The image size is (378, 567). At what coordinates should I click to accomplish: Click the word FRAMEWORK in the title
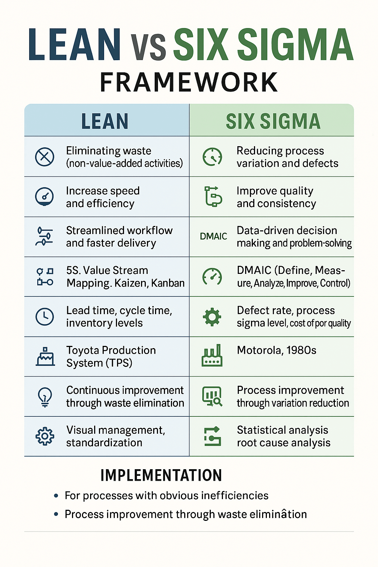point(189,82)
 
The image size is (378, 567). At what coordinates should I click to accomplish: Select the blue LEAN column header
point(105,121)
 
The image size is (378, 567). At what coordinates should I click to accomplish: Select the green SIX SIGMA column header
point(273,121)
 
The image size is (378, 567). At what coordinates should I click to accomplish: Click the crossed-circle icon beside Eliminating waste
point(45,157)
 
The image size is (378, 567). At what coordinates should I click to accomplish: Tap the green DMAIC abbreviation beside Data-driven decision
point(213,236)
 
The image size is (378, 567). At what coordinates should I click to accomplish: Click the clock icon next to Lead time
point(45,317)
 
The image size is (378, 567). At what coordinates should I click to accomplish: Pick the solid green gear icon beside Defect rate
point(212,317)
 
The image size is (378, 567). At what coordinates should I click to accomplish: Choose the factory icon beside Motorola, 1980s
point(212,355)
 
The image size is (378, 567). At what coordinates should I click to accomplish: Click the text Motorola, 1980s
point(276,350)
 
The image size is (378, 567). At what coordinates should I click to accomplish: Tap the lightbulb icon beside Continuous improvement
point(45,397)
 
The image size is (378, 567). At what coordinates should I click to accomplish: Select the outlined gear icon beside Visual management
point(45,436)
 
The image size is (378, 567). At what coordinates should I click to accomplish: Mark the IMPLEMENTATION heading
point(161,475)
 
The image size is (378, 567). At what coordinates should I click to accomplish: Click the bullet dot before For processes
point(56,496)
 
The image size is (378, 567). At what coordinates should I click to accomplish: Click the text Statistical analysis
point(282,430)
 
